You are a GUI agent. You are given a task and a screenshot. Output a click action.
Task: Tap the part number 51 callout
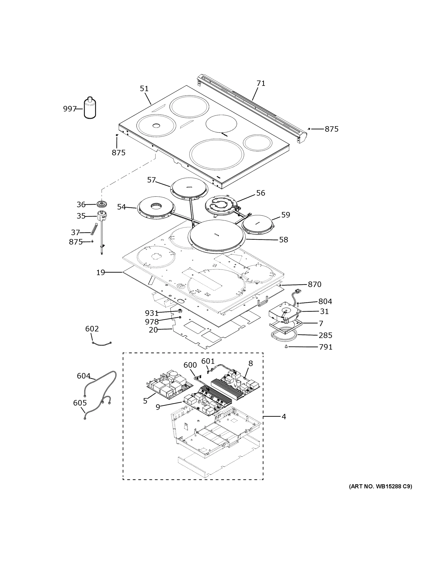(x=144, y=89)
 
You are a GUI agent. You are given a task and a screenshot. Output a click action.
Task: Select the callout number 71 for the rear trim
(x=261, y=83)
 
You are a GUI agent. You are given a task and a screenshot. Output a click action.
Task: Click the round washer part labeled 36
(x=102, y=204)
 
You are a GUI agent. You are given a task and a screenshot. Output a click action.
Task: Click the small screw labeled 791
(x=286, y=347)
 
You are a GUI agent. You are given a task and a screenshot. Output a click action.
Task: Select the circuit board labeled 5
(x=169, y=384)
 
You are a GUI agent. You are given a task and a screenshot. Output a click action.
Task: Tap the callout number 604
(x=83, y=376)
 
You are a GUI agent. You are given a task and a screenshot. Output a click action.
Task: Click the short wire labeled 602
(x=102, y=343)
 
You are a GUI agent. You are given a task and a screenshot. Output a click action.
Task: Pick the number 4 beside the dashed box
(x=284, y=417)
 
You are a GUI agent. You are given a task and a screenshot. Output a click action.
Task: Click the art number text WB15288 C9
(x=380, y=487)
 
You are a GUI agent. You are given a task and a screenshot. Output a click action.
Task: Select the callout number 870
(x=314, y=284)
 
